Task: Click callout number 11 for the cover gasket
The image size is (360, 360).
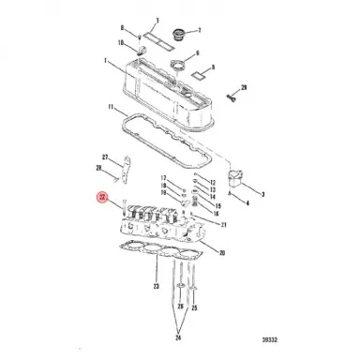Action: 112,109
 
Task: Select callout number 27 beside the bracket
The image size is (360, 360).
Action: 104,157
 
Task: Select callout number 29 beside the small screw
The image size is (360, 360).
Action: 244,86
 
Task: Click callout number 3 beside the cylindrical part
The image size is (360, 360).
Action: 261,194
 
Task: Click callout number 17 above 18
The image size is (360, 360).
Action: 163,178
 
